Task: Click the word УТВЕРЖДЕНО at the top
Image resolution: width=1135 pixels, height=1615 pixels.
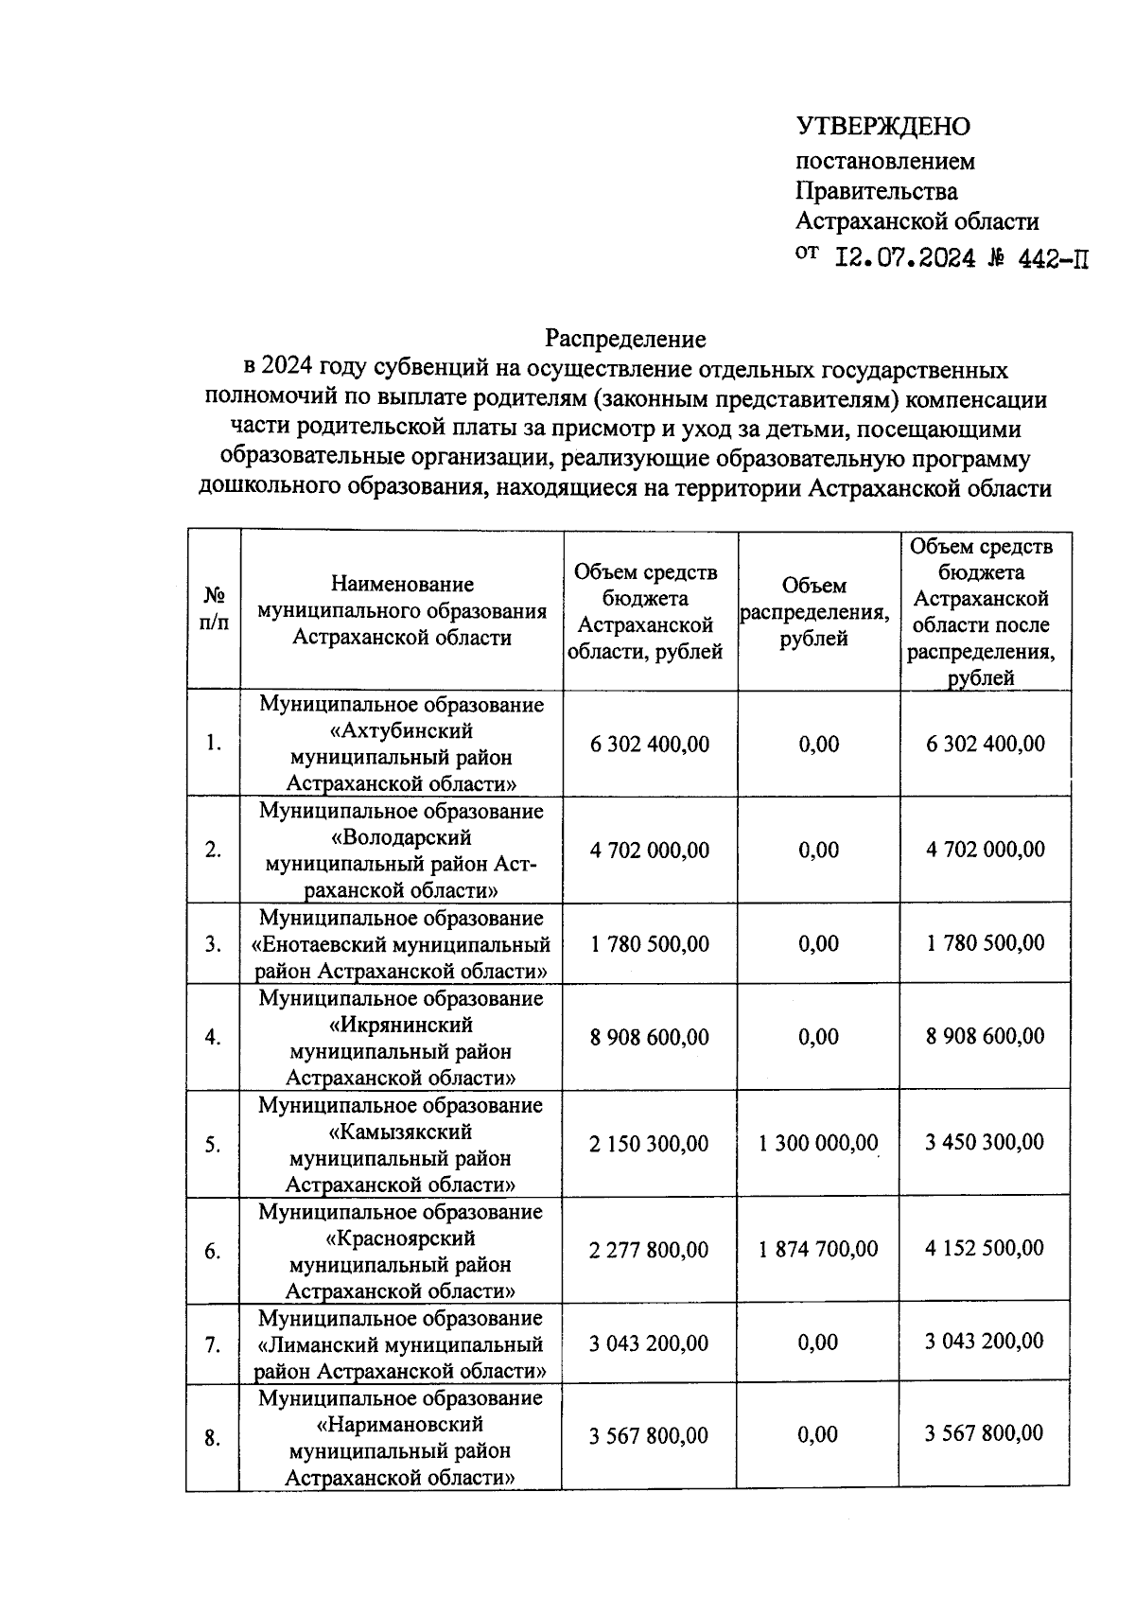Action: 882,126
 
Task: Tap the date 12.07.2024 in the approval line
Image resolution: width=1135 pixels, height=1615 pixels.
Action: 905,257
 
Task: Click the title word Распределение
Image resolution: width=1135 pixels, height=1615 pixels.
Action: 625,338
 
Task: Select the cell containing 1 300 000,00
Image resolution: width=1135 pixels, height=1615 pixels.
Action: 818,1143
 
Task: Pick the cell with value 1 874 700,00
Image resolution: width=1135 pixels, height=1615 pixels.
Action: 818,1250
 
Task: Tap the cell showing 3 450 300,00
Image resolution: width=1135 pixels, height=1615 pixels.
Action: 985,1142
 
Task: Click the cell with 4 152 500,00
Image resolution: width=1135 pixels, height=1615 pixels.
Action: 985,1249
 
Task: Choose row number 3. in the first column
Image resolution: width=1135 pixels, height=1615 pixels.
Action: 214,944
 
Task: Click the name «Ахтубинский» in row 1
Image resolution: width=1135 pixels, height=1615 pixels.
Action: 401,731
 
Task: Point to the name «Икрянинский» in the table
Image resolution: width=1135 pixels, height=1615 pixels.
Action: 401,1026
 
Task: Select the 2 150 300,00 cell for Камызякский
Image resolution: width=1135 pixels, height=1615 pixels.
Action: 649,1144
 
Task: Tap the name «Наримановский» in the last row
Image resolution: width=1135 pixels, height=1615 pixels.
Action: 401,1425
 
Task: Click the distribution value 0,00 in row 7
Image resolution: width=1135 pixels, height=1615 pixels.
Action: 818,1343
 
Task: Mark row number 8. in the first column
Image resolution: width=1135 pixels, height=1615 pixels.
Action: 214,1438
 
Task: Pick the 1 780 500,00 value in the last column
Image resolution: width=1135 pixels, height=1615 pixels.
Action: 985,943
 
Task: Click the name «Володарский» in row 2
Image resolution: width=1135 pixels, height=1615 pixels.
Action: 401,838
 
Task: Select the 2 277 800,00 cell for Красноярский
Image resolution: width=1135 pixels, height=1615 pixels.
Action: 649,1251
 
